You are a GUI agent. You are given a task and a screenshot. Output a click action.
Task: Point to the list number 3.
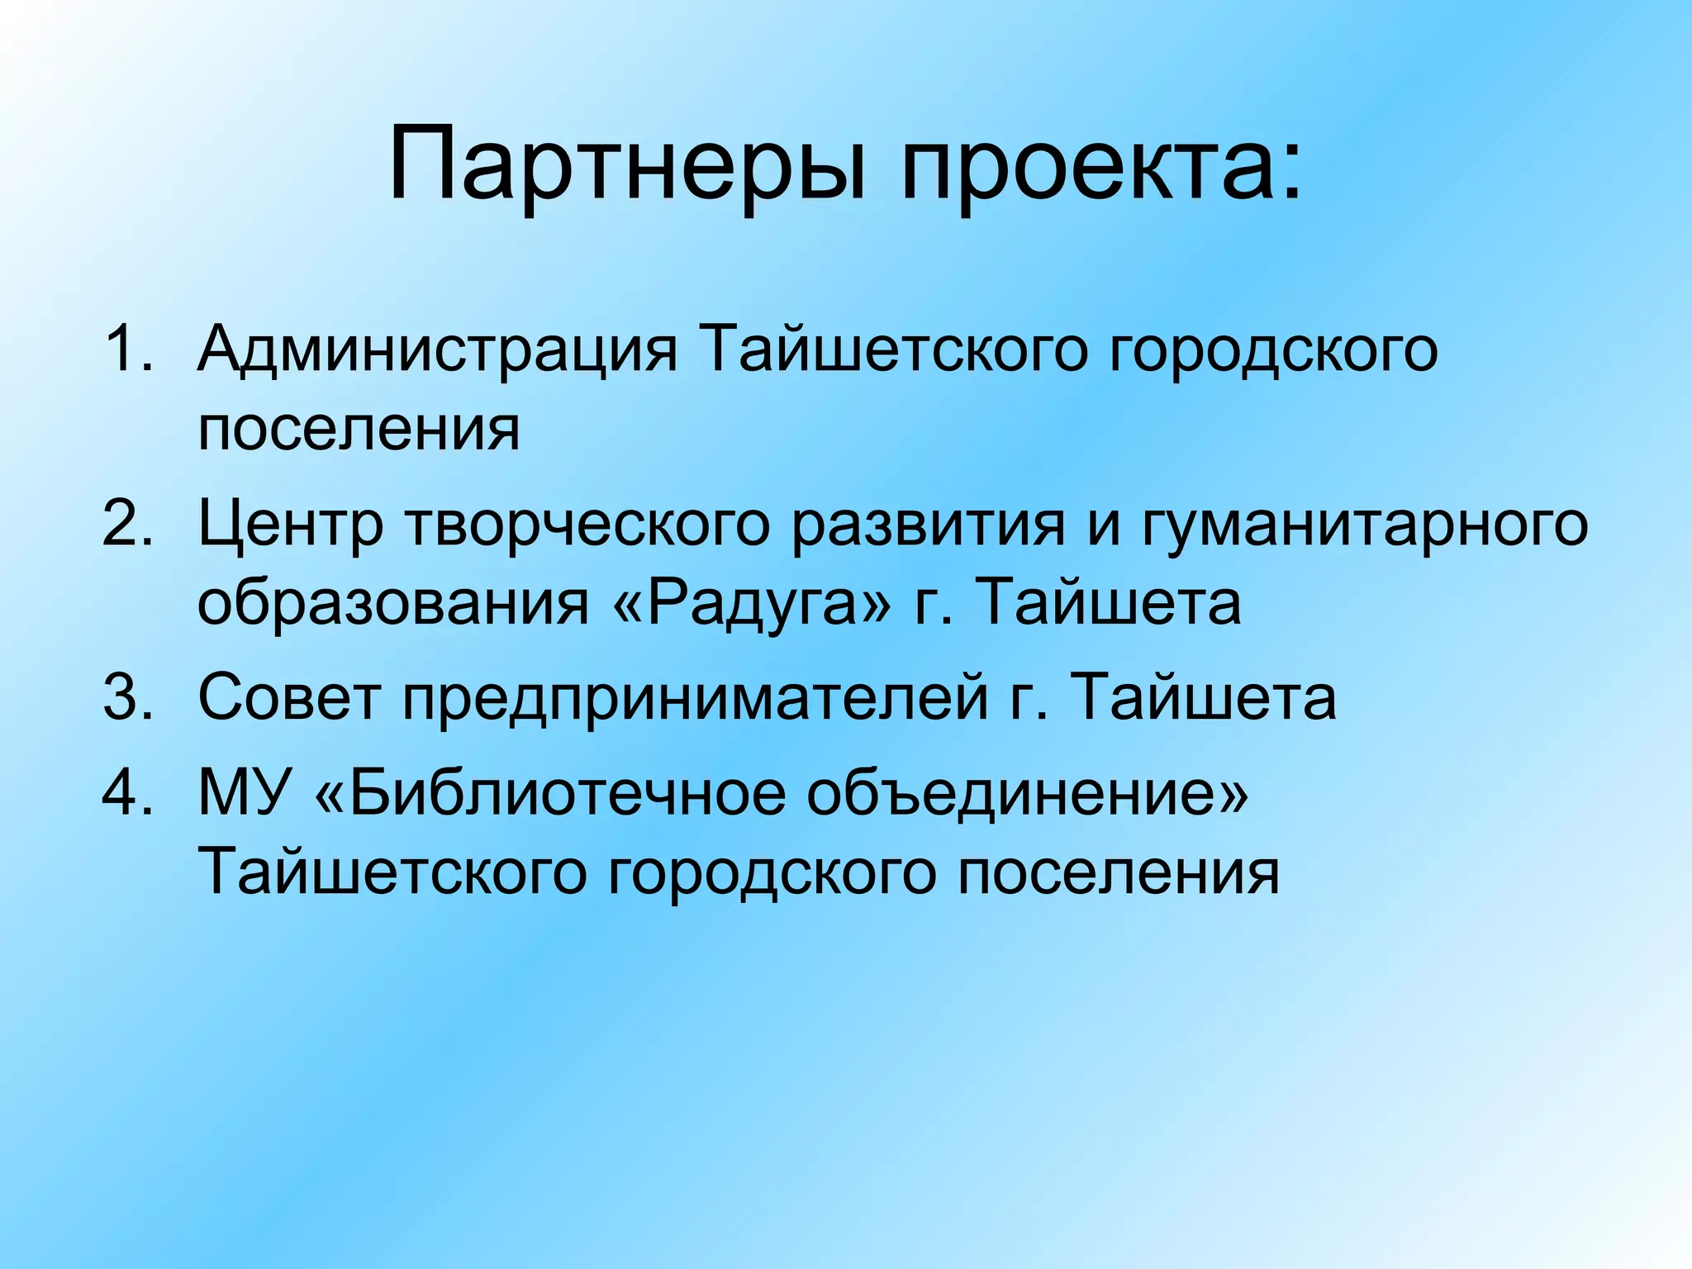coord(128,696)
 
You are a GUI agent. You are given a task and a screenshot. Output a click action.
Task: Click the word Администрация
coord(437,350)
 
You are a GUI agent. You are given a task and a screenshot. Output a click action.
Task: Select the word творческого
coord(587,525)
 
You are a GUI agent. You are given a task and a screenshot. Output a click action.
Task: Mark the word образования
coord(393,603)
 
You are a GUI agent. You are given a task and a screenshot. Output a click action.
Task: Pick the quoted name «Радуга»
coord(752,603)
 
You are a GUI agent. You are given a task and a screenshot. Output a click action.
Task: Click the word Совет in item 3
coord(289,696)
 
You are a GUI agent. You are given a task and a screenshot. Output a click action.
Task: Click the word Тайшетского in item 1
coord(892,350)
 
